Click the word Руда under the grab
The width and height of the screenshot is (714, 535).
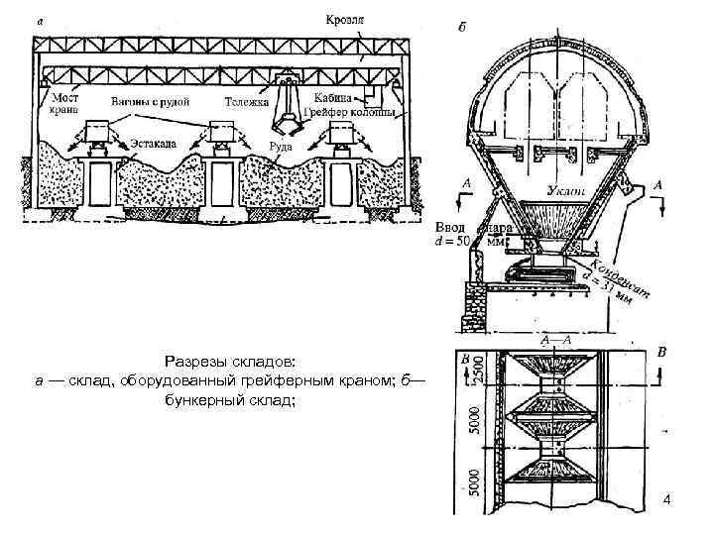point(282,147)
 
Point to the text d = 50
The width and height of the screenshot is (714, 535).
point(457,241)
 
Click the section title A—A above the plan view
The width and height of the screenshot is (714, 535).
point(556,340)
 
